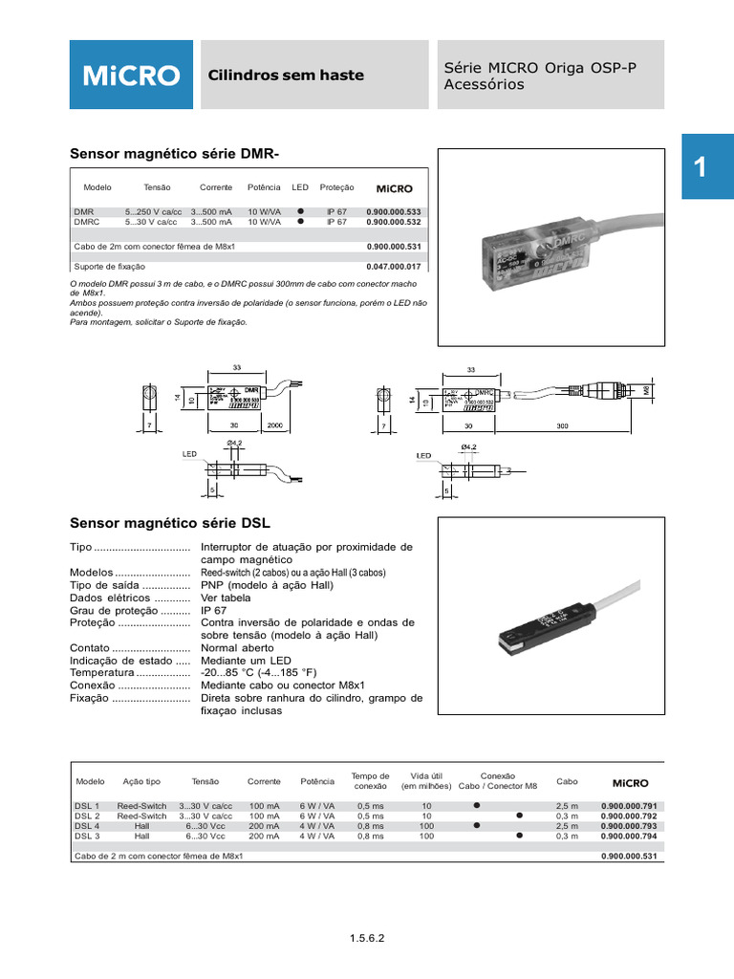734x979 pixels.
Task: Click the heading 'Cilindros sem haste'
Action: pos(286,76)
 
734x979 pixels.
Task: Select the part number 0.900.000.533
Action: pos(393,211)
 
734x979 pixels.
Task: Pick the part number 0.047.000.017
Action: pos(393,266)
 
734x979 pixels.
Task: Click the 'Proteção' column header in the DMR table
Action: pos(336,188)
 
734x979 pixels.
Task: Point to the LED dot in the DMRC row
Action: pos(300,221)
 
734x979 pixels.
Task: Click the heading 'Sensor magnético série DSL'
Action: pos(171,523)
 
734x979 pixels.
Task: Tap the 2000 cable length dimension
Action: pos(275,424)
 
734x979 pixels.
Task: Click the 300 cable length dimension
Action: pos(563,424)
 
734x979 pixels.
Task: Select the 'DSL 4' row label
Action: pos(87,825)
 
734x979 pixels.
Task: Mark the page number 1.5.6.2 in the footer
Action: pos(367,939)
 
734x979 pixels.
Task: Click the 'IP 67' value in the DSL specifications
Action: pos(211,610)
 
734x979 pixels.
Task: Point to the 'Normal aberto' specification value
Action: pos(235,647)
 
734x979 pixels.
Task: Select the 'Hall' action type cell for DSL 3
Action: pos(141,835)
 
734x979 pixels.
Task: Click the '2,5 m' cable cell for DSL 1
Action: pos(567,806)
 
